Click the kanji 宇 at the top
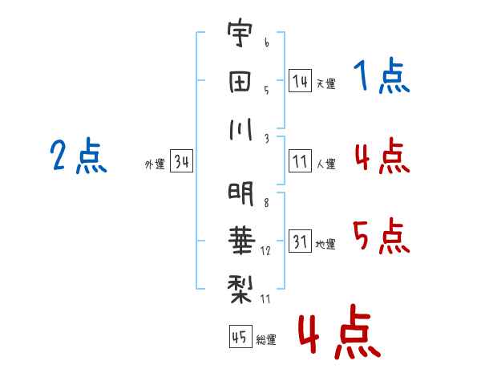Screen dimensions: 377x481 pyautogui.click(x=240, y=36)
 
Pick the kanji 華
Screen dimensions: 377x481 pyautogui.click(x=240, y=239)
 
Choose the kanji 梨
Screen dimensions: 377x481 pyautogui.click(x=240, y=284)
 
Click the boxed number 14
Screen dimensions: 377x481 pyautogui.click(x=300, y=80)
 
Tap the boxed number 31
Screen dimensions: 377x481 pyautogui.click(x=300, y=241)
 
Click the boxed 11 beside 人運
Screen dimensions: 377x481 pyautogui.click(x=300, y=162)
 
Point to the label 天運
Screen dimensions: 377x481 pyautogui.click(x=325, y=83)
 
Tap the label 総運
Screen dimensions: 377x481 pyautogui.click(x=265, y=339)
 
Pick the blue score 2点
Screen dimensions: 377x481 pyautogui.click(x=78, y=156)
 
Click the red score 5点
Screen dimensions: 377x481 pyautogui.click(x=381, y=237)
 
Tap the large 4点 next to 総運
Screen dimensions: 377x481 pyautogui.click(x=338, y=333)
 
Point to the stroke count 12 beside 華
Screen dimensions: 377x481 pyautogui.click(x=265, y=252)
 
